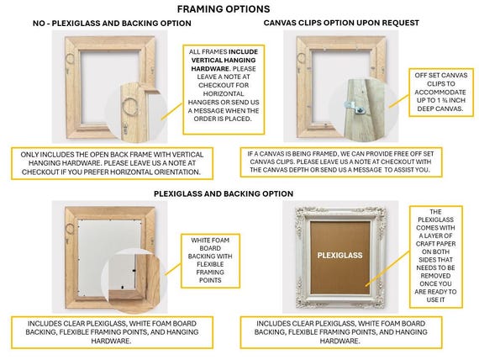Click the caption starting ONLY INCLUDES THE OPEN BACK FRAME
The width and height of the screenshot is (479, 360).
[117, 162]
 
